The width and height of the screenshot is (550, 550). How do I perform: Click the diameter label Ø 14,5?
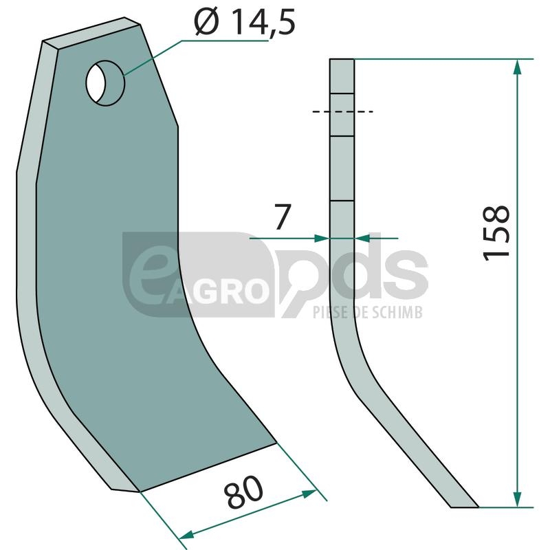point(245,22)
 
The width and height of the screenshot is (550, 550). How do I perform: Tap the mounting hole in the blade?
point(105,83)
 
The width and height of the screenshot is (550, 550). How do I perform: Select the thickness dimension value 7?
point(283,217)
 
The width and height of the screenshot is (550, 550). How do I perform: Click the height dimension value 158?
point(496,233)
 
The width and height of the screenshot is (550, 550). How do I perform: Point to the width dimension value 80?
point(244,492)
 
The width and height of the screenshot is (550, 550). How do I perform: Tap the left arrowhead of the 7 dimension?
point(322,239)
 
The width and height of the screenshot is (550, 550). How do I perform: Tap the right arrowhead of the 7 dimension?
point(362,239)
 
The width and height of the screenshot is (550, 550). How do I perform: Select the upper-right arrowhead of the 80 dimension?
point(309,494)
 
